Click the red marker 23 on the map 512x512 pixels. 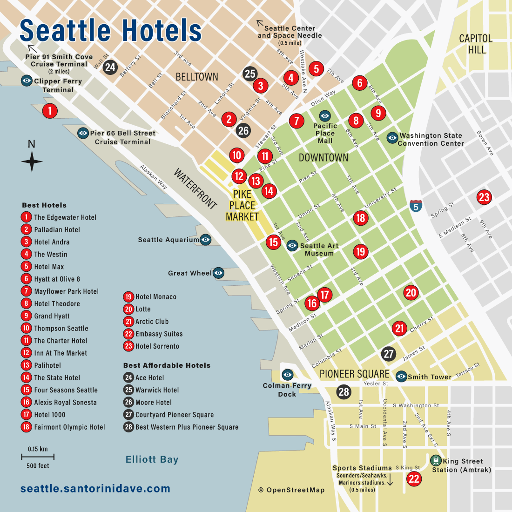484,197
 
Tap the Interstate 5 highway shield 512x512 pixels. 416,205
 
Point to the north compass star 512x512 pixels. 32,162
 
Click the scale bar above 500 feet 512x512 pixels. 37,457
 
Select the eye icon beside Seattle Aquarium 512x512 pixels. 206,240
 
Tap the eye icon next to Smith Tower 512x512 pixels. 401,376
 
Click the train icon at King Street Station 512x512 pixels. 436,461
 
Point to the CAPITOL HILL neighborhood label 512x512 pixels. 476,44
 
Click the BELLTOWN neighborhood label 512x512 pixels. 197,77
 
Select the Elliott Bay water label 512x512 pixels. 152,460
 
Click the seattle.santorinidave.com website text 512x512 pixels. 95,489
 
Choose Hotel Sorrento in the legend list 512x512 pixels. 157,346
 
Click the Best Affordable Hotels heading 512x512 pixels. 167,365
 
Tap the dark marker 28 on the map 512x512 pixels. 344,392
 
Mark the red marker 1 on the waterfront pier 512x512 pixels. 50,111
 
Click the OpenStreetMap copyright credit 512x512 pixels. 291,490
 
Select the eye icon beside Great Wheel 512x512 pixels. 219,273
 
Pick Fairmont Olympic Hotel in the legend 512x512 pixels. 69,427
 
